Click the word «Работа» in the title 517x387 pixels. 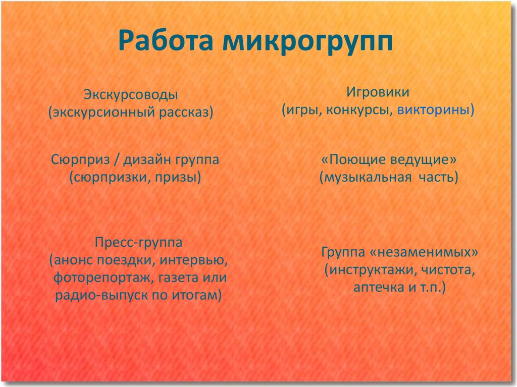coord(166,41)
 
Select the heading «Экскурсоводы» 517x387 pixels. coord(131,95)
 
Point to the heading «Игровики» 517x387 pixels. coord(378,92)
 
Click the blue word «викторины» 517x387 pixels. coord(433,110)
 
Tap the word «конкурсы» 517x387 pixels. coord(357,110)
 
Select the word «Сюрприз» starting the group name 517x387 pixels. coord(80,160)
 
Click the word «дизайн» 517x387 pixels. coord(147,160)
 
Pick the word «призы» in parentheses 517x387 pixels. coord(176,178)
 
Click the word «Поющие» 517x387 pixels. coord(357,160)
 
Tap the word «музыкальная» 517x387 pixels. coord(368,178)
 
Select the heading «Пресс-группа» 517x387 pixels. coord(138,243)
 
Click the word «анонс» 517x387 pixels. coord(73,260)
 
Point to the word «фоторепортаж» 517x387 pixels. coord(101,278)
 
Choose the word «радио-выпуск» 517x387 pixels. coord(101,295)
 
